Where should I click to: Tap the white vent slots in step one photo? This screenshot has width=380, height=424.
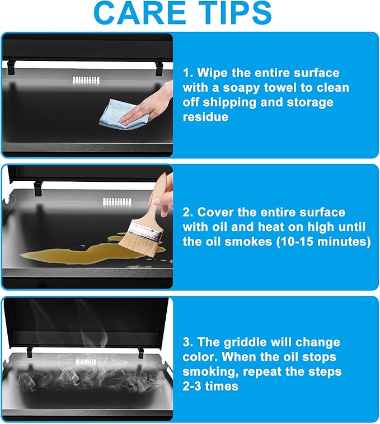click(x=86, y=80)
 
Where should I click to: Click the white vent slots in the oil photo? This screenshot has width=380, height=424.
click(x=117, y=201)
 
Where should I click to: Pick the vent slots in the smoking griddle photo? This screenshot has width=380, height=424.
click(x=86, y=362)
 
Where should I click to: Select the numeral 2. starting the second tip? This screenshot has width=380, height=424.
click(x=188, y=212)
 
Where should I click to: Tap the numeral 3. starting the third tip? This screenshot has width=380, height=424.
click(x=188, y=342)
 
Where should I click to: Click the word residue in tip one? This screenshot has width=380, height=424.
click(x=205, y=117)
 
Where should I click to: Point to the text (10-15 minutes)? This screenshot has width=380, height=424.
click(x=323, y=242)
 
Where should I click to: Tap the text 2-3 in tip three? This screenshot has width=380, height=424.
click(x=192, y=386)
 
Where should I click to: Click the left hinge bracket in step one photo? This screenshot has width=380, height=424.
click(x=11, y=68)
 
